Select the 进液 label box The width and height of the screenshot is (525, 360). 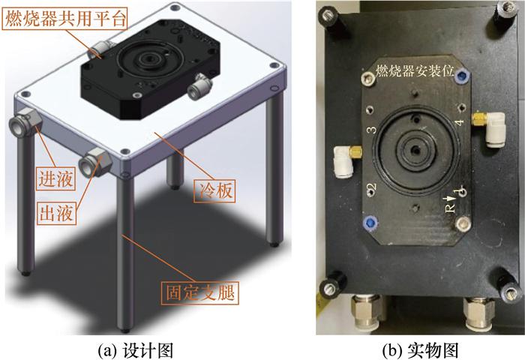56,179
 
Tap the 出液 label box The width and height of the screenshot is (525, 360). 56,213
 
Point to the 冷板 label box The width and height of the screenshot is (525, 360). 214,191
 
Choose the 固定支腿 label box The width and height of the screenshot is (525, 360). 200,292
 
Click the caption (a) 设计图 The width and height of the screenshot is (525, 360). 135,350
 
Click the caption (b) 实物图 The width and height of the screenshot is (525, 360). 420,350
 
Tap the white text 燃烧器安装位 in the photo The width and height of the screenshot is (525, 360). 415,71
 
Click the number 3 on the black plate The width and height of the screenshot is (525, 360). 372,130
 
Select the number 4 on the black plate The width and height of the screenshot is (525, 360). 460,122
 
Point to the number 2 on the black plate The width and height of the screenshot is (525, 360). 373,187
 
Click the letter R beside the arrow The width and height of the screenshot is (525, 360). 451,208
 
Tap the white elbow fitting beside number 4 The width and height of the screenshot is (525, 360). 490,128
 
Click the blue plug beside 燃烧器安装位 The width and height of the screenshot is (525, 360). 463,77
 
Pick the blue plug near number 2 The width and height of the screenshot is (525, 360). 370,222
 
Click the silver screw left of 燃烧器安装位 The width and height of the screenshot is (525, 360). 369,79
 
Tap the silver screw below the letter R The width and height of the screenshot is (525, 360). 463,223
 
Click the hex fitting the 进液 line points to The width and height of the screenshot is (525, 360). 25,122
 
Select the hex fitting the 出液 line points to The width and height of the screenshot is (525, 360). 95,162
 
